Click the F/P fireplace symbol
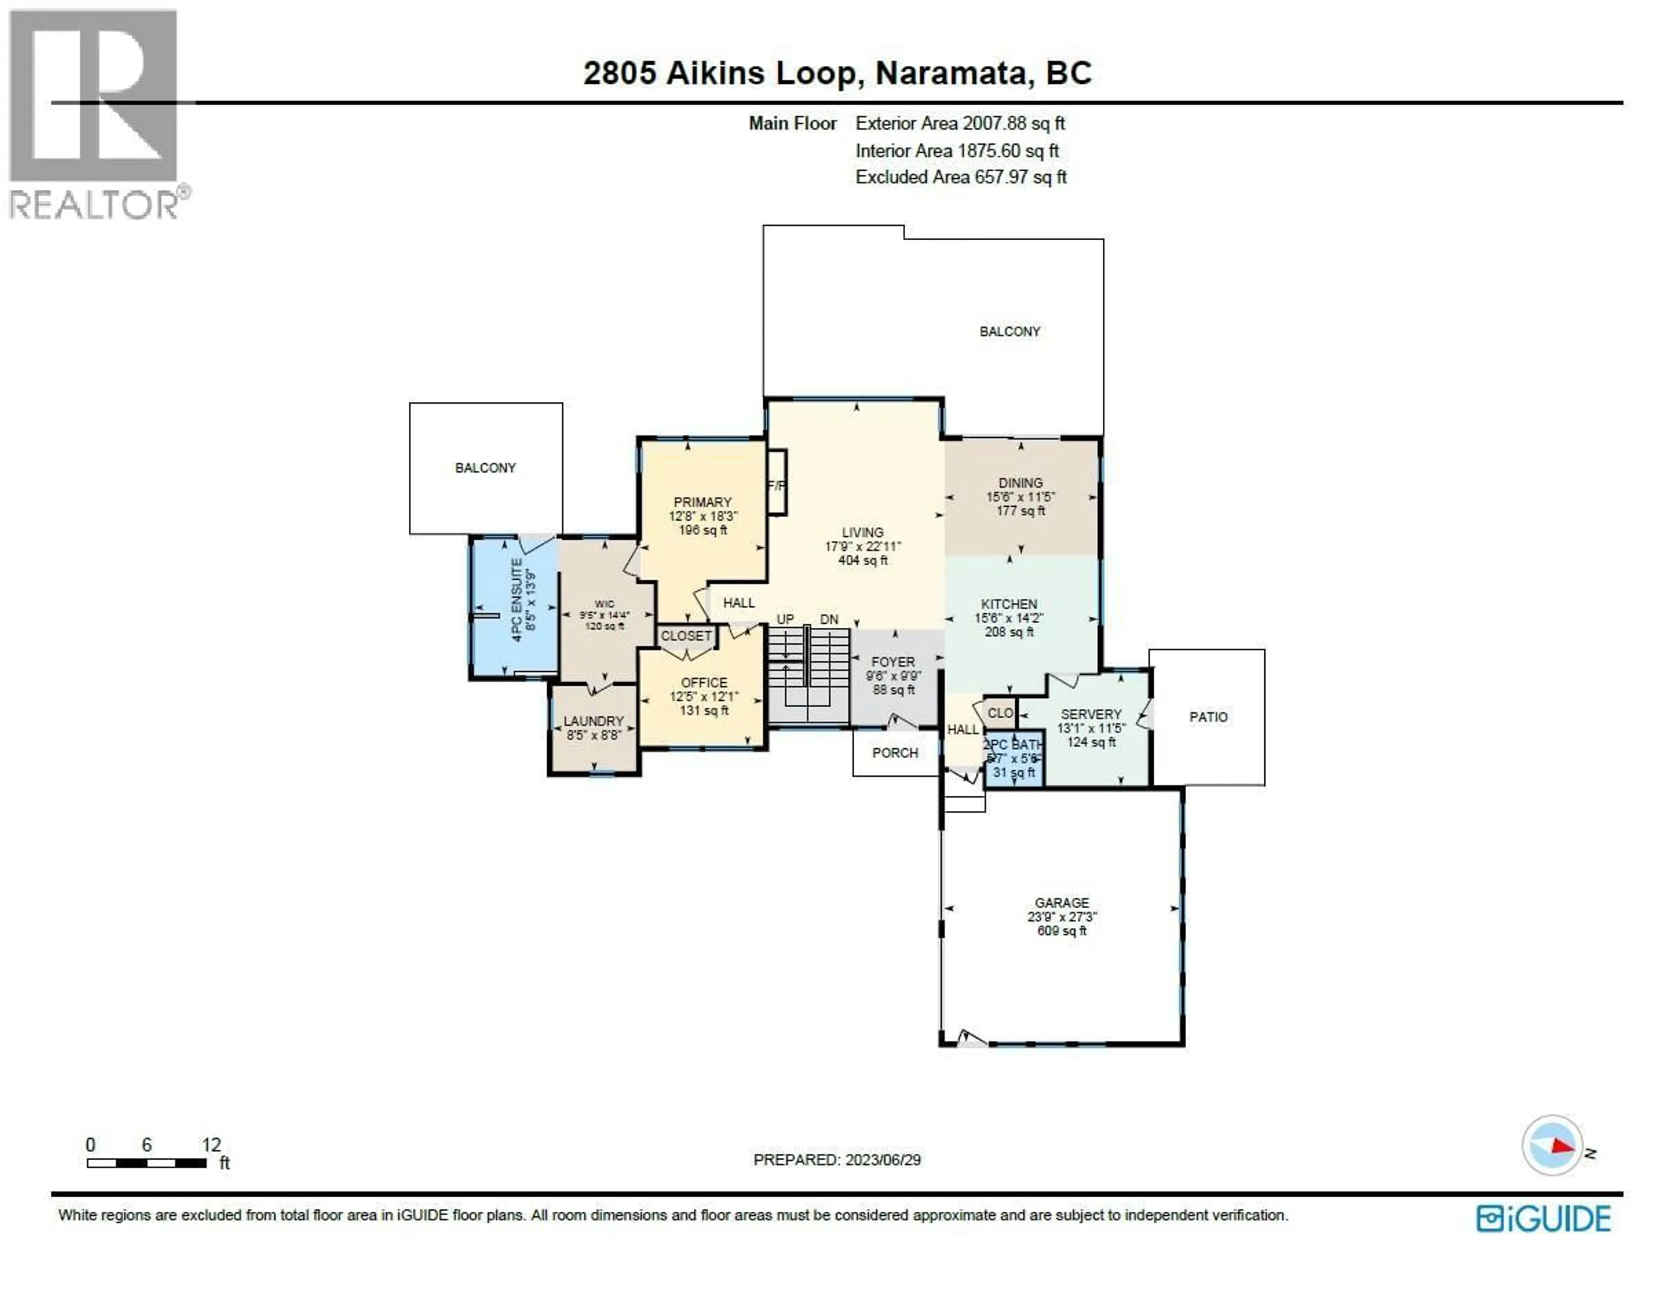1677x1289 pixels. coord(776,485)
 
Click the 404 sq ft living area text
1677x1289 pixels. coord(862,561)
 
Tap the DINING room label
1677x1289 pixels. coord(1020,483)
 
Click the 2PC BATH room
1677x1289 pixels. coord(1014,758)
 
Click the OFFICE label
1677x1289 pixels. coord(704,682)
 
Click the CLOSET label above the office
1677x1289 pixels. coord(686,636)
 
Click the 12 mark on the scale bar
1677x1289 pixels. coord(211,1145)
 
